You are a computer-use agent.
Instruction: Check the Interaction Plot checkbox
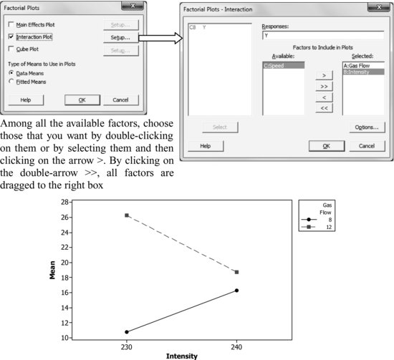click(x=11, y=36)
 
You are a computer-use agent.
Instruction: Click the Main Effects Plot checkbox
click(x=11, y=24)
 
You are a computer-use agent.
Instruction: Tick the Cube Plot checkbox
click(x=11, y=49)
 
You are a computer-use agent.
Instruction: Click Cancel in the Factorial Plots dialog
click(x=121, y=100)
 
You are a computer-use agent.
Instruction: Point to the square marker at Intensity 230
click(x=126, y=215)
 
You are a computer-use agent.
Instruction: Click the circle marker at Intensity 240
click(x=236, y=290)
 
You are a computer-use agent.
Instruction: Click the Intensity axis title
click(x=181, y=355)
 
